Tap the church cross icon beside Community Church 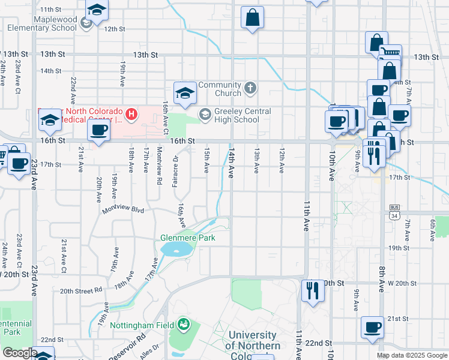point(250,89)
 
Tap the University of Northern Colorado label point(253,340)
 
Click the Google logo point(20,353)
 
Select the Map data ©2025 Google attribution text point(412,355)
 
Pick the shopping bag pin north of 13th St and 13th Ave point(253,17)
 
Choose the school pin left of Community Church point(185,92)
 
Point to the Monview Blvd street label point(123,210)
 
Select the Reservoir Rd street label point(126,346)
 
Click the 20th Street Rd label point(81,290)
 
